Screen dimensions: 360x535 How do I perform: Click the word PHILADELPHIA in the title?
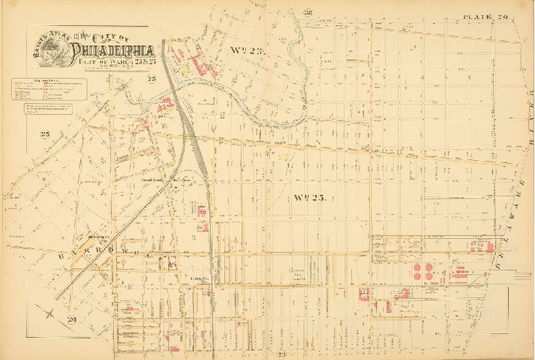tap(112, 51)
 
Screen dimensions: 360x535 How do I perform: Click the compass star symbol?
tap(48, 313)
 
